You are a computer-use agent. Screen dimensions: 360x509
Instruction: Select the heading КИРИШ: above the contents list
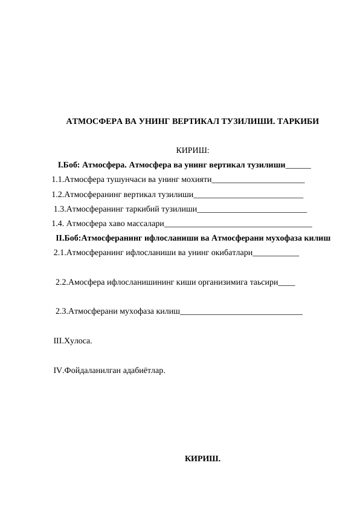pos(192,150)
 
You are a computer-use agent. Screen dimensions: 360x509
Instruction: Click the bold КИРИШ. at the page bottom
pos(202,458)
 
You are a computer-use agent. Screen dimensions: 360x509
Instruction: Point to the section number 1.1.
pos(57,180)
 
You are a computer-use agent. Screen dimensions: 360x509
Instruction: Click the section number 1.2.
pos(57,195)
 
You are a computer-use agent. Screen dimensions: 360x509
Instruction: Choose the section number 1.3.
pos(59,210)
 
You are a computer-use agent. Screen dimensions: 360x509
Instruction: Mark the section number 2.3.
pos(61,311)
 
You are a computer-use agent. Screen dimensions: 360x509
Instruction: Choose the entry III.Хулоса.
pos(73,341)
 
